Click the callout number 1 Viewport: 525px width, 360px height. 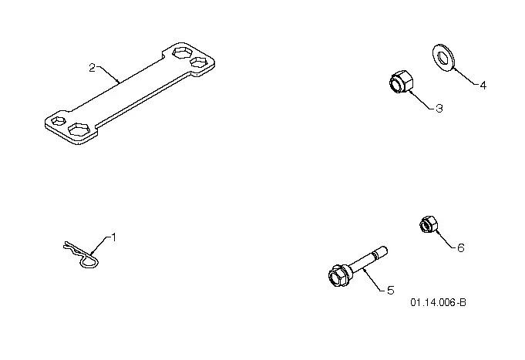pos(113,237)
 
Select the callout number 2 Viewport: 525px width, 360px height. pos(92,68)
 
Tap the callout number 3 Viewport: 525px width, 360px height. pos(439,109)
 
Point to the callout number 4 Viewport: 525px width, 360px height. pos(483,86)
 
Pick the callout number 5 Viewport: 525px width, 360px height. pos(391,291)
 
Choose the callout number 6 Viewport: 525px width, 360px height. pos(461,248)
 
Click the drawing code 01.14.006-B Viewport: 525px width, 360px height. pos(439,302)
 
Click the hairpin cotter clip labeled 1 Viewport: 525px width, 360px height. pos(82,254)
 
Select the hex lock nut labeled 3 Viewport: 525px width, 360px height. pos(402,82)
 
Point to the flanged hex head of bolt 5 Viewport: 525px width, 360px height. pos(339,276)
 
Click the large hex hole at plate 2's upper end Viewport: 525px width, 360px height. pos(182,52)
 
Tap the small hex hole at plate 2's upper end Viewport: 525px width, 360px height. pos(199,62)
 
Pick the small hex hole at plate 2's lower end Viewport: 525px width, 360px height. pos(59,121)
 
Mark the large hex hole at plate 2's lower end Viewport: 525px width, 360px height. pos(79,129)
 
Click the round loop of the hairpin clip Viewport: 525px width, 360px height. pos(89,261)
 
